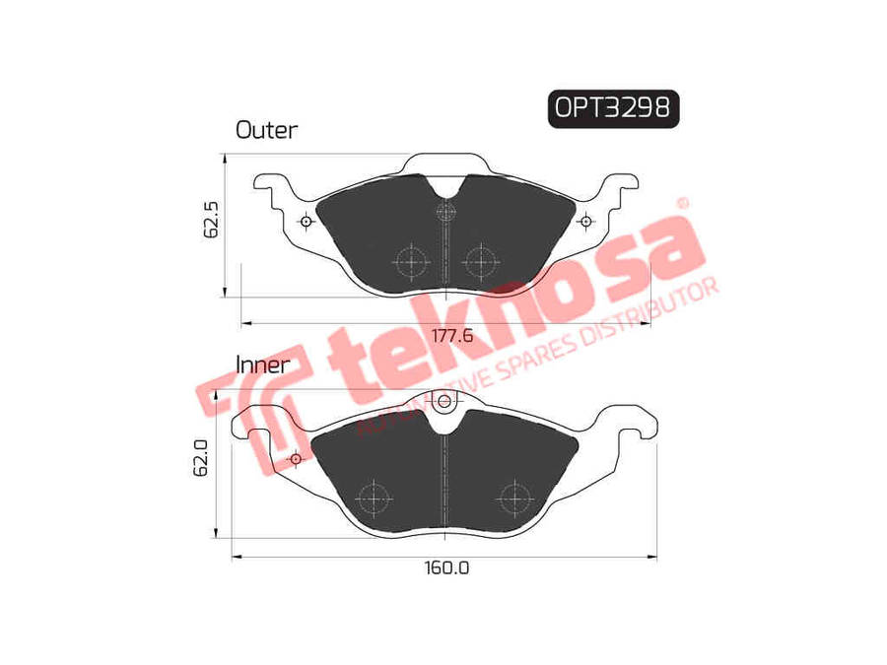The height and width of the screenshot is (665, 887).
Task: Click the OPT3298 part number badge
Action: tap(613, 108)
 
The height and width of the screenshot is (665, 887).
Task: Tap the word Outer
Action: tap(266, 130)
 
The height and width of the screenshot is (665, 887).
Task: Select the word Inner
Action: tap(262, 365)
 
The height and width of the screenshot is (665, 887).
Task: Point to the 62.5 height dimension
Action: tap(211, 219)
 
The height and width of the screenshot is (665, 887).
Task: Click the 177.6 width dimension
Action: tap(452, 336)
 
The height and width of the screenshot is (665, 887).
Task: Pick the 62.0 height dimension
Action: tap(201, 458)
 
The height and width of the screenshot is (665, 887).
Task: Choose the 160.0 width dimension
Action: tap(446, 567)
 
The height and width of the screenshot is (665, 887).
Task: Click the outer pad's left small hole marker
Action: tap(307, 221)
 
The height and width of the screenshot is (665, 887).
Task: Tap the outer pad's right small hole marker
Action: tap(586, 221)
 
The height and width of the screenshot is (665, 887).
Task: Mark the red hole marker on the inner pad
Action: tap(295, 458)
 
